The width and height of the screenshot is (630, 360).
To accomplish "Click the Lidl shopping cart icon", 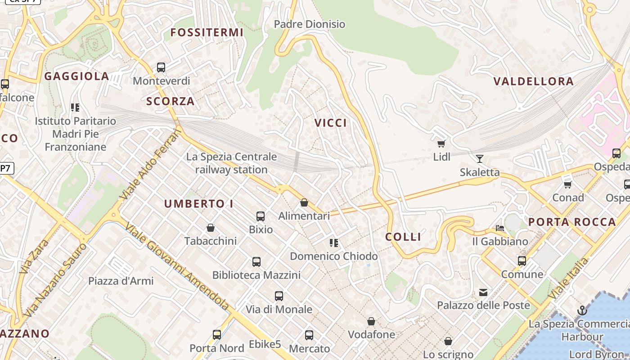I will tap(441, 144).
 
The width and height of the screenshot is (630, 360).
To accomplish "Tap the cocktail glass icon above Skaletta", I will tap(480, 158).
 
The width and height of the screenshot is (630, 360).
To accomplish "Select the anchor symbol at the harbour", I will tap(582, 310).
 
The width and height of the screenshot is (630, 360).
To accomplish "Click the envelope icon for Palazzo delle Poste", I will tap(483, 292).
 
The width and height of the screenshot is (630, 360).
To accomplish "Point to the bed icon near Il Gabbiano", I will tap(500, 228).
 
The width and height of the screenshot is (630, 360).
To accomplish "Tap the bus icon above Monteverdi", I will tap(161, 67).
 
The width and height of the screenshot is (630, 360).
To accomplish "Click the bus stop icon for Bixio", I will tap(261, 216).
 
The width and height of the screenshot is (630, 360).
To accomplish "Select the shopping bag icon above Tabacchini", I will tap(210, 228).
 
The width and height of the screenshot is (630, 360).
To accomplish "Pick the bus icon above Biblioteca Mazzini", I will tap(256, 261).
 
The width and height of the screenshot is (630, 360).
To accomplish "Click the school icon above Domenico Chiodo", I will tap(333, 243).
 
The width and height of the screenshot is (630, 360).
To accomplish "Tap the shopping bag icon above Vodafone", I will tap(371, 321).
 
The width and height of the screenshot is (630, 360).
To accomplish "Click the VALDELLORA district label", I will tap(533, 81).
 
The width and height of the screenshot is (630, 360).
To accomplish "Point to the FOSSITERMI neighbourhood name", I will tap(207, 32).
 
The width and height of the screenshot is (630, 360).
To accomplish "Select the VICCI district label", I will tap(331, 123).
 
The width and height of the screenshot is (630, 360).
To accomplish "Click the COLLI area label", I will tap(404, 237).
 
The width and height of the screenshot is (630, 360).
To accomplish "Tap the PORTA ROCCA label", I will tap(572, 222).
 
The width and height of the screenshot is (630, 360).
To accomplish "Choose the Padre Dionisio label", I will tap(310, 24).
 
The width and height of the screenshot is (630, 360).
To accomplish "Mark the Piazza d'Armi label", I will tap(121, 281).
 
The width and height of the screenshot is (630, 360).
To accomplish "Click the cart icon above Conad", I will tap(568, 184).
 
